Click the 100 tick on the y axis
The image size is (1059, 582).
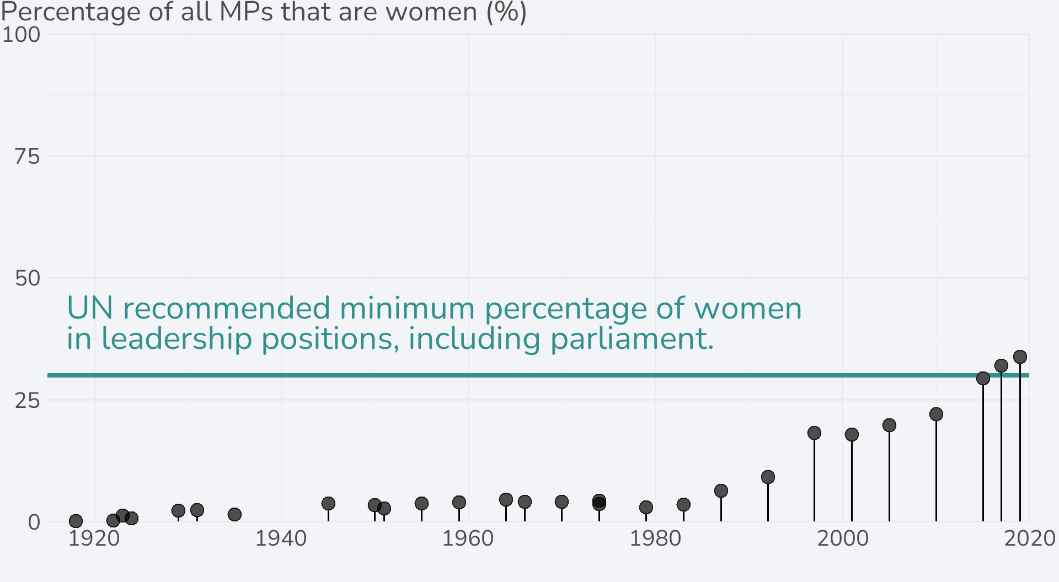click(x=21, y=35)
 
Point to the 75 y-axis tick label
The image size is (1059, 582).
click(x=27, y=157)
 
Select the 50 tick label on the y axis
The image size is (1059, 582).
click(x=27, y=278)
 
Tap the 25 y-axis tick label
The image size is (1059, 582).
click(x=27, y=401)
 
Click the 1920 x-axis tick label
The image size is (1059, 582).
click(x=94, y=539)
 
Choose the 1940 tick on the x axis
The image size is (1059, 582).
click(x=281, y=539)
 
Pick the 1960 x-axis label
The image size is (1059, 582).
click(x=468, y=539)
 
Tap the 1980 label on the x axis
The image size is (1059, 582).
click(x=655, y=539)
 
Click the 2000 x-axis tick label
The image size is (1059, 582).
click(x=842, y=539)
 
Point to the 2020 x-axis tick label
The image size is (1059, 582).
click(x=1029, y=539)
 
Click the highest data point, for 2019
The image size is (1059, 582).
click(x=1020, y=357)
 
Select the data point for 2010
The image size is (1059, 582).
click(x=936, y=414)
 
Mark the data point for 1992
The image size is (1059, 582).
click(x=768, y=477)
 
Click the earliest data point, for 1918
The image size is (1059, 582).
click(x=76, y=521)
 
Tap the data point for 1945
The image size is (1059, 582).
click(x=328, y=503)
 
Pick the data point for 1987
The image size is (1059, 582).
click(x=721, y=491)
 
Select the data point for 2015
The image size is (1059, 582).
click(x=983, y=378)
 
